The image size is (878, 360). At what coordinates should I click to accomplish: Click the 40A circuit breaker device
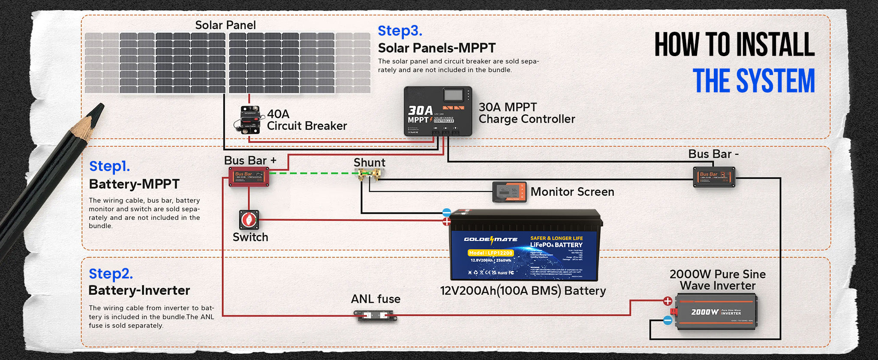coord(248,120)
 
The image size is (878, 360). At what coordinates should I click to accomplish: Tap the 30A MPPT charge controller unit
coord(438,111)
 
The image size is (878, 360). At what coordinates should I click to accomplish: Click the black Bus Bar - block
coord(714,177)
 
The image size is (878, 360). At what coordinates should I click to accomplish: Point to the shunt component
coord(369,174)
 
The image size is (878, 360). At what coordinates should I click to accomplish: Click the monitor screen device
coord(509,192)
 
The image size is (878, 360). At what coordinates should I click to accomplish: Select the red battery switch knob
coord(249,220)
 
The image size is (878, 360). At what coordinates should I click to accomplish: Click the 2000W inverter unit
coord(716,312)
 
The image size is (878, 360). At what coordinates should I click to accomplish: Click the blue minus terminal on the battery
coord(447,213)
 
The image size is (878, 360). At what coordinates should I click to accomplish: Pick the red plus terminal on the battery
coord(447,222)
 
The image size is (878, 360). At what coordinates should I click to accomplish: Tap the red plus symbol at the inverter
coord(668,301)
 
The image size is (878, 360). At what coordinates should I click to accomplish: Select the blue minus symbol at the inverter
coord(668,320)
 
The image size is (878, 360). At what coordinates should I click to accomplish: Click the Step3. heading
coord(400,31)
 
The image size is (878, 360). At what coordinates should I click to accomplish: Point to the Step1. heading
coord(109,166)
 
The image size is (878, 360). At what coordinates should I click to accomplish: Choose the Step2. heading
coord(111,273)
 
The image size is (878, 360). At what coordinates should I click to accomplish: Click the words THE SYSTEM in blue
coord(754,81)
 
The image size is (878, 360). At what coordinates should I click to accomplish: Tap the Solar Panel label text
coord(226,25)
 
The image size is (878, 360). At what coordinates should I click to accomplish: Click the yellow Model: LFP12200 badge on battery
coord(491,253)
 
